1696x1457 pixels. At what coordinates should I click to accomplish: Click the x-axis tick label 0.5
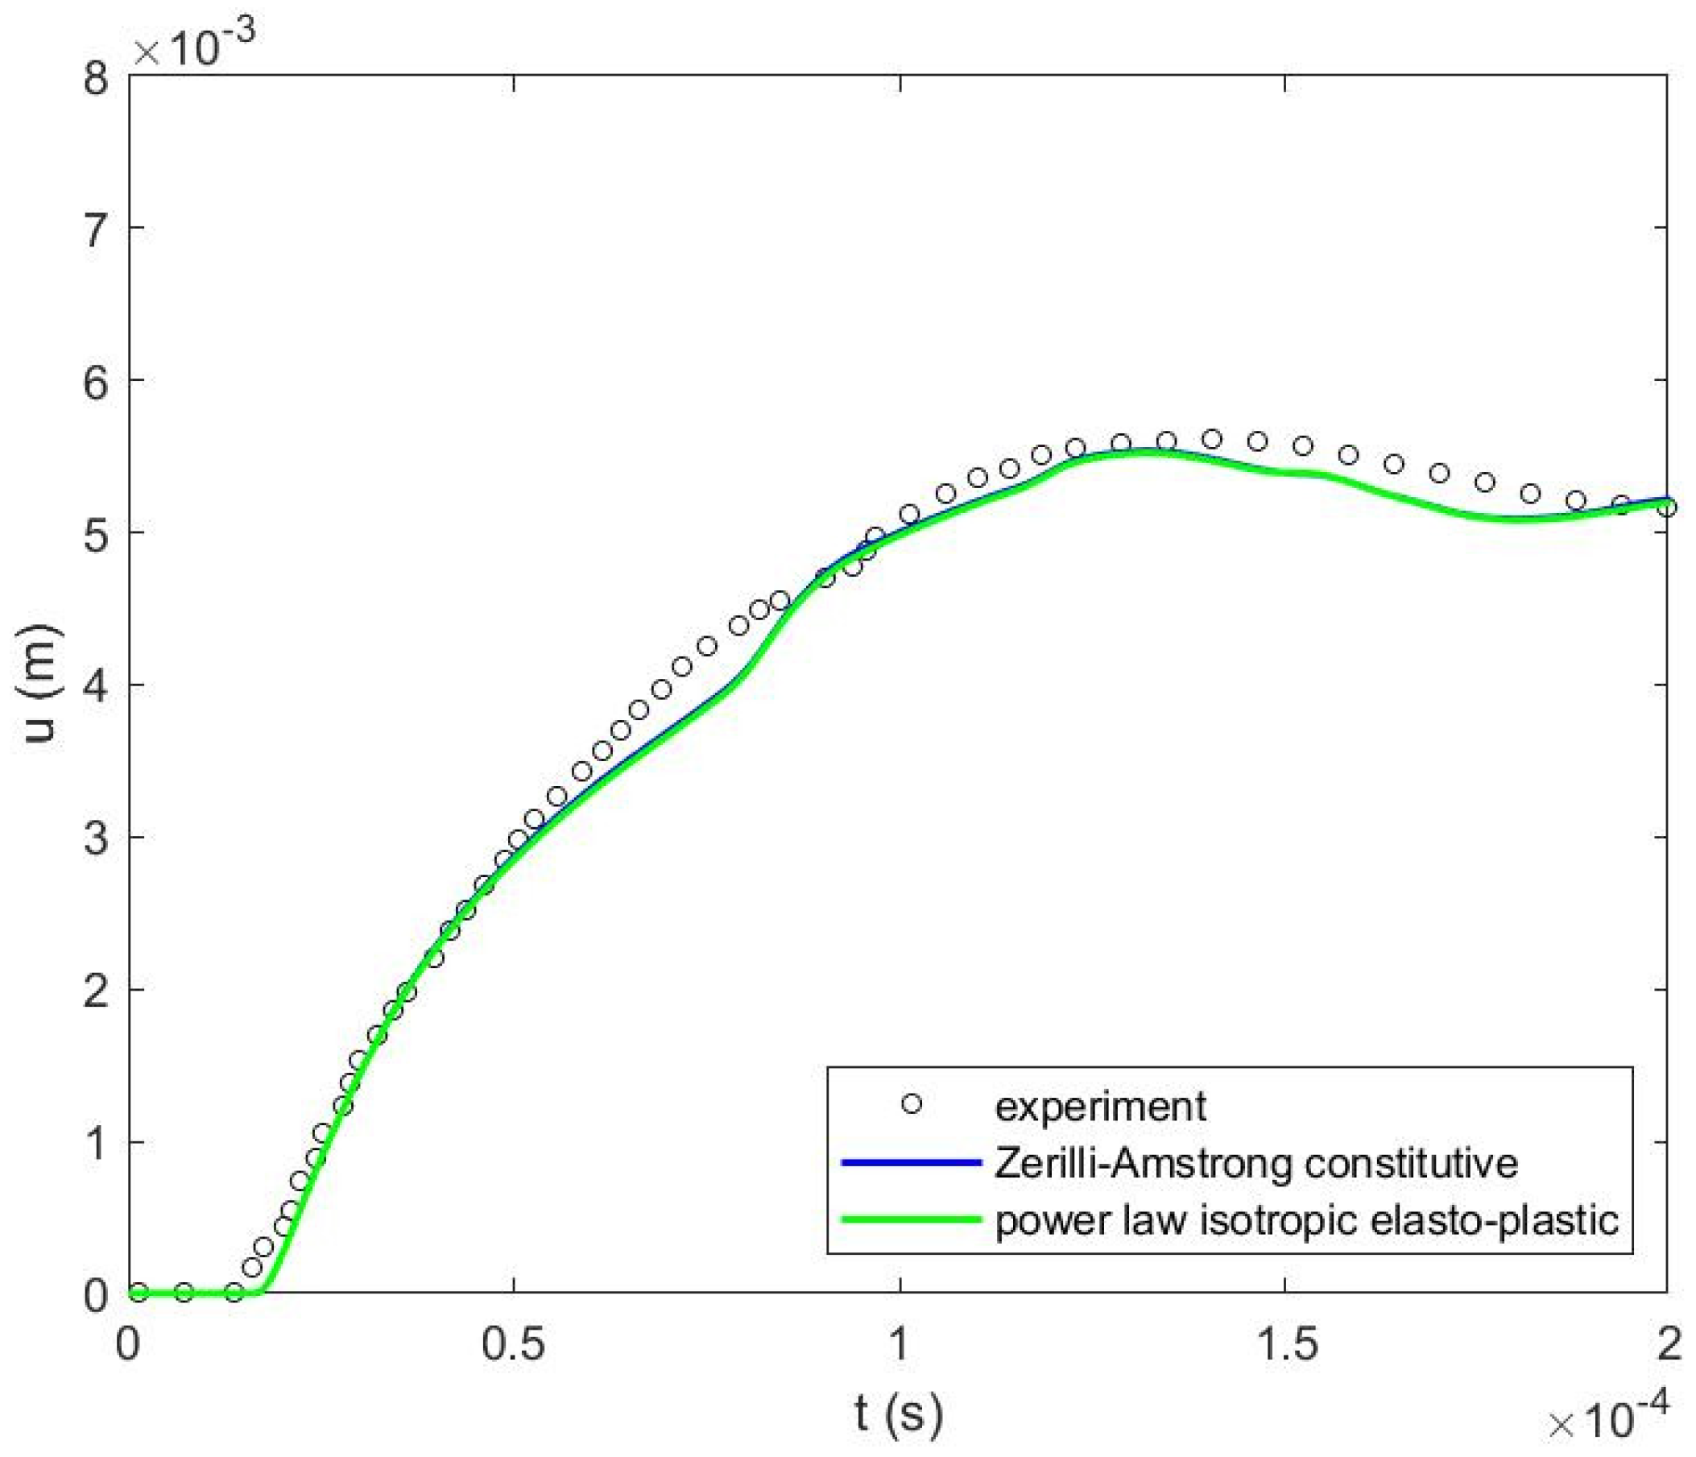point(512,1345)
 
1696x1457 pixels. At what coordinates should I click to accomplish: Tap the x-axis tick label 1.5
point(1284,1345)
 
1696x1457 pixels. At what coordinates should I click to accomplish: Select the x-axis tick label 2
point(1665,1345)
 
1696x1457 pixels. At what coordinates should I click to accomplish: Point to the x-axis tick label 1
point(900,1345)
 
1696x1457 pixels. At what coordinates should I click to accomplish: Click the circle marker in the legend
point(911,1104)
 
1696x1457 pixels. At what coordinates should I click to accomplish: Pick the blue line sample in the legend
point(910,1162)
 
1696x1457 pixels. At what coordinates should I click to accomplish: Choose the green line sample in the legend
point(910,1219)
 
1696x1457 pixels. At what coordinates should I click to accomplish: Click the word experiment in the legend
point(1100,1107)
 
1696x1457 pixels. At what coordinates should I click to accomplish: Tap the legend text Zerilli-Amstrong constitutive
point(1256,1163)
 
